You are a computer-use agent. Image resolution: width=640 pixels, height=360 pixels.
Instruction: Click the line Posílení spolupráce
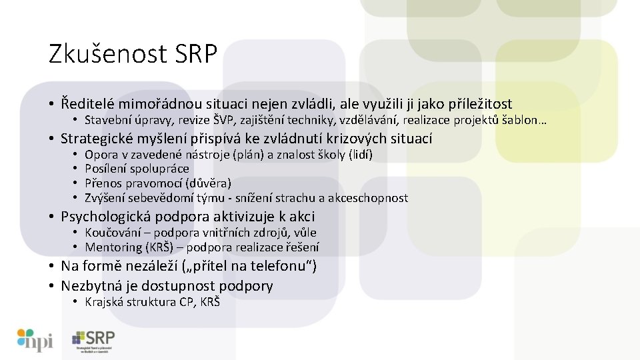137,169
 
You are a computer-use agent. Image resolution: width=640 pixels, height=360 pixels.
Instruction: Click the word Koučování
113,233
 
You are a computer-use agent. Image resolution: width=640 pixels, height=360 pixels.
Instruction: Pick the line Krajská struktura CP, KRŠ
152,302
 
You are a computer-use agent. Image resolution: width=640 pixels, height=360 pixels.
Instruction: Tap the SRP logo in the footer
93,341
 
